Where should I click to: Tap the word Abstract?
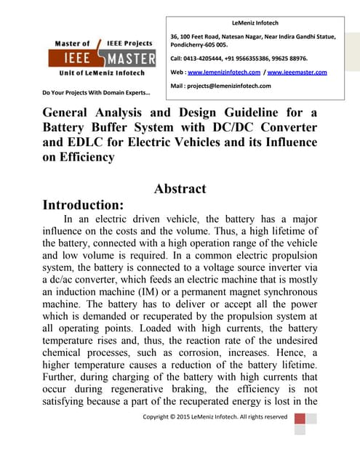click(x=180, y=189)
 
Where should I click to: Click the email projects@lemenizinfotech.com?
click(x=230, y=86)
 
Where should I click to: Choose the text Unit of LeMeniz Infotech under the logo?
click(x=102, y=73)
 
